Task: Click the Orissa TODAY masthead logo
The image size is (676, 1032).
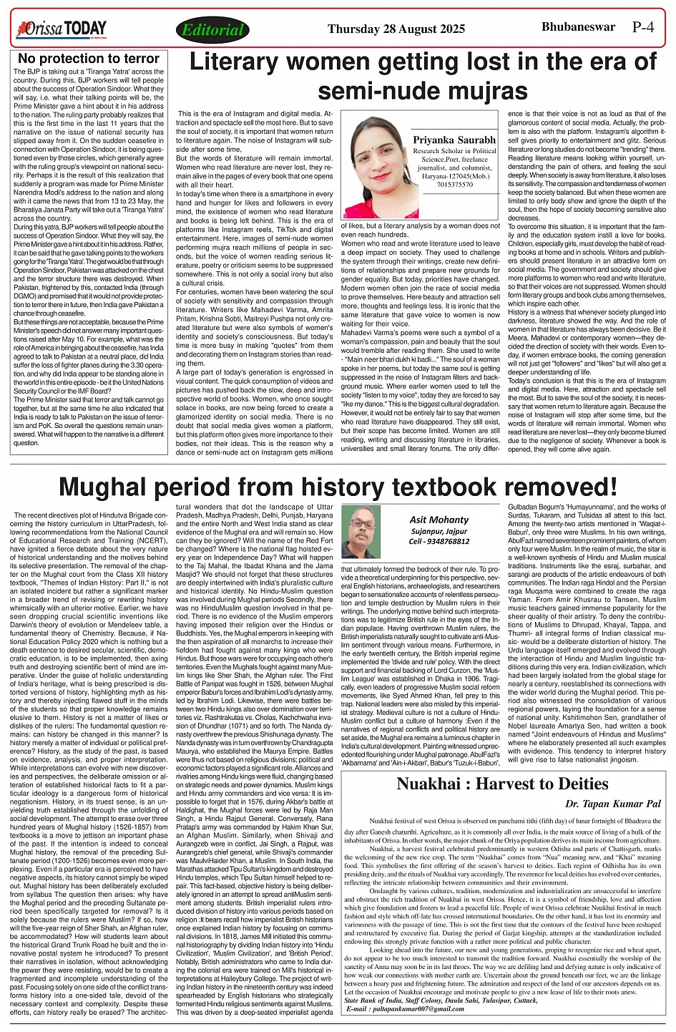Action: (x=62, y=29)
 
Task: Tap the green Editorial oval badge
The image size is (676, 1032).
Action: (x=212, y=30)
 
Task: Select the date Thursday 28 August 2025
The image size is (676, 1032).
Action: (x=396, y=29)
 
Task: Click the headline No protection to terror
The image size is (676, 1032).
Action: (x=89, y=59)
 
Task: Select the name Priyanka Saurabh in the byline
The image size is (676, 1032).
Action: (x=454, y=140)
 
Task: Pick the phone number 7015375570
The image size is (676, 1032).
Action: (x=454, y=185)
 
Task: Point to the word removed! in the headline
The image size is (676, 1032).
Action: (x=555, y=487)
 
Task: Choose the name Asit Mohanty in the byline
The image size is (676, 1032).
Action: (x=439, y=520)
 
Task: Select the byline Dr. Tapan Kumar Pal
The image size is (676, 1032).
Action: (x=612, y=804)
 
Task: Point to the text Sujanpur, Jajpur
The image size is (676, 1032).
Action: (x=439, y=532)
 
